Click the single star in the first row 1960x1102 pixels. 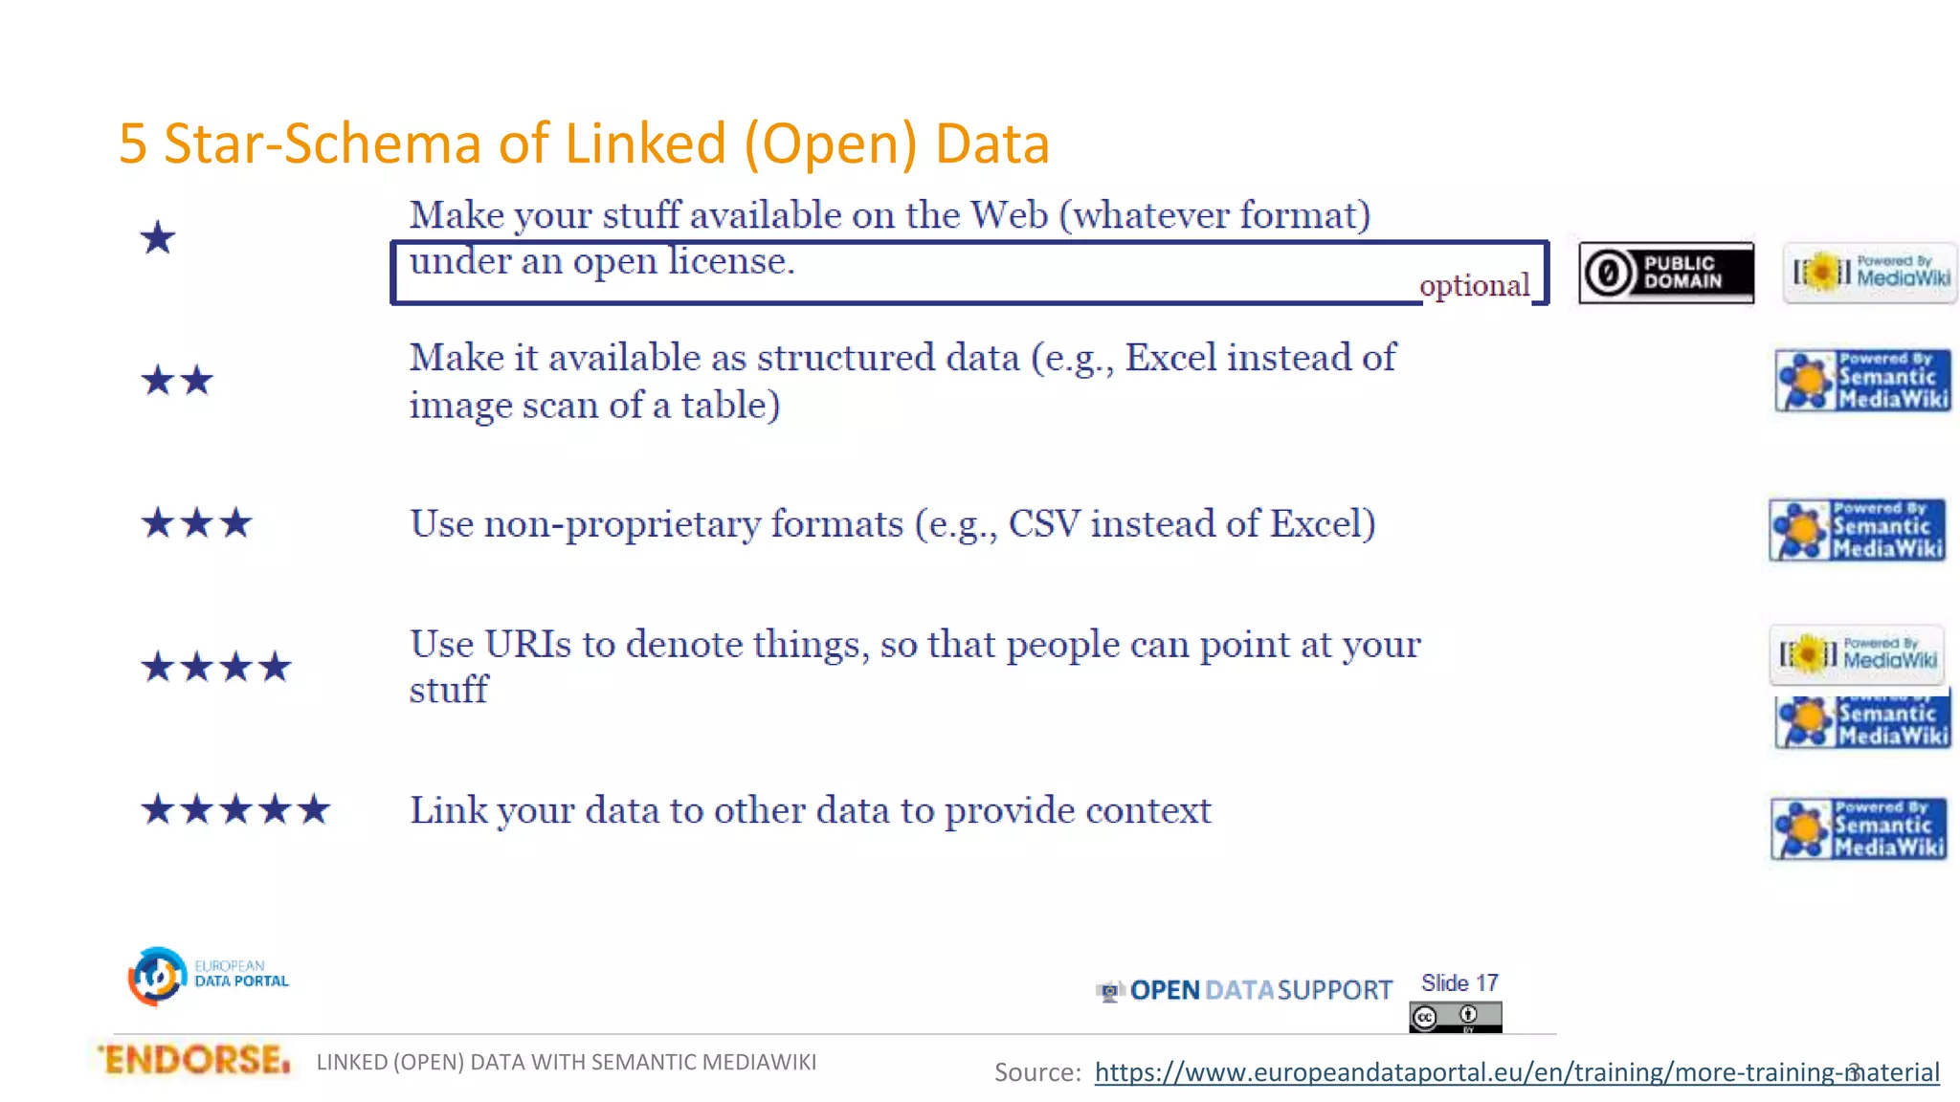tap(158, 237)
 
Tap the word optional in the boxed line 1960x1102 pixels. tap(1474, 285)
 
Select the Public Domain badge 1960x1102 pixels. tap(1665, 273)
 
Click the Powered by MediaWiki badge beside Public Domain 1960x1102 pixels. tap(1870, 273)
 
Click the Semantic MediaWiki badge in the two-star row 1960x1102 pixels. tap(1862, 381)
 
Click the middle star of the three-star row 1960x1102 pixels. tap(197, 523)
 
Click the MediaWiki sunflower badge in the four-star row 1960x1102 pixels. tap(1857, 654)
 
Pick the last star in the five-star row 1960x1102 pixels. tap(314, 810)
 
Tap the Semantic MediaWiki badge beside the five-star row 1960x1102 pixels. tap(1859, 828)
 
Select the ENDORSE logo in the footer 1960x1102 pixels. tap(194, 1060)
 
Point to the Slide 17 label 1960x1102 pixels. tap(1459, 982)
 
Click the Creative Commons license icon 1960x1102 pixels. tap(1455, 1016)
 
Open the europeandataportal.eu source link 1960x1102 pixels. tap(1516, 1072)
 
